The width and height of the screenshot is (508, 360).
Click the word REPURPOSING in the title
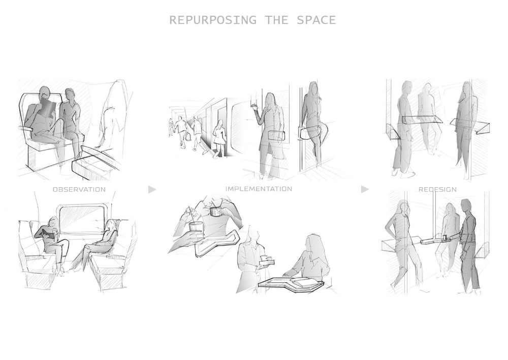tap(213, 20)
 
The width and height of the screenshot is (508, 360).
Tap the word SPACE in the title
tap(316, 20)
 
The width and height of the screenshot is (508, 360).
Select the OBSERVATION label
tap(79, 189)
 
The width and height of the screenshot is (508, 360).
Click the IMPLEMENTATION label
tap(259, 189)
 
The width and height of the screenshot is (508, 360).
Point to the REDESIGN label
tap(437, 189)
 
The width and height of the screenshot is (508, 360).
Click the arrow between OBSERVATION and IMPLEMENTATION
tap(152, 189)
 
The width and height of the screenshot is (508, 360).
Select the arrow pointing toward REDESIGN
tap(365, 189)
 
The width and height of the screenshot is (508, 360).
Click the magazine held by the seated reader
tap(47, 109)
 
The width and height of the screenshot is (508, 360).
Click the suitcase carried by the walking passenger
tap(188, 136)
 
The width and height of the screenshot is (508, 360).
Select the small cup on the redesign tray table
tap(445, 237)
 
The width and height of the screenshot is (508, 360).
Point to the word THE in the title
tap(276, 20)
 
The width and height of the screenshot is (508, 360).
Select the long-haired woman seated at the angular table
tap(309, 259)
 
